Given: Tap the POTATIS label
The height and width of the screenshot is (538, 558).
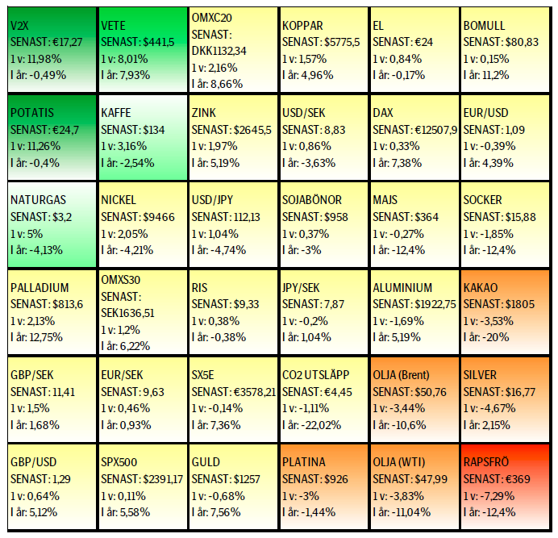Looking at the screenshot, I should [33, 113].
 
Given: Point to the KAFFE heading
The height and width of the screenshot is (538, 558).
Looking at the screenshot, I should [116, 113].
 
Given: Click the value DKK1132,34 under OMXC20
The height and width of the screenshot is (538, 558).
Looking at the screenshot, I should [219, 51].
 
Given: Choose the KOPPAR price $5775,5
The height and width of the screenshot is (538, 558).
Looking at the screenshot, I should [341, 42].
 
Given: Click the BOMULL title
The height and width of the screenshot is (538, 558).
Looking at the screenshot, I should [484, 27].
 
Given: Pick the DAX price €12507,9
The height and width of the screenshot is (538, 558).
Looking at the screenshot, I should [435, 129].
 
